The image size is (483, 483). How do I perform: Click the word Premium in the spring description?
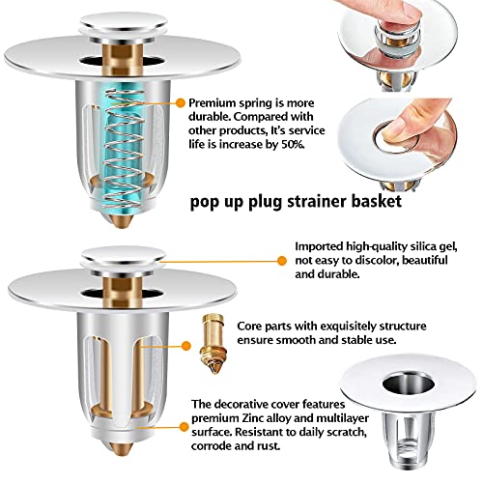click(x=213, y=101)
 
